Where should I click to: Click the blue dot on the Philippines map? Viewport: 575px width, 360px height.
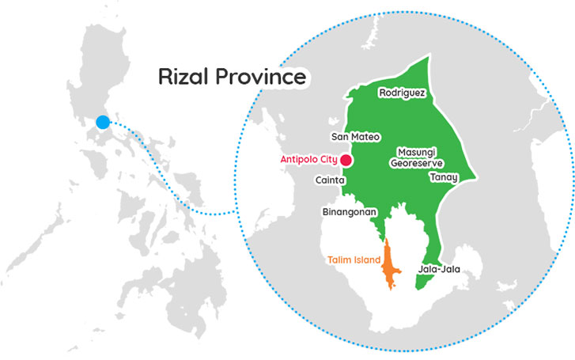(x=102, y=123)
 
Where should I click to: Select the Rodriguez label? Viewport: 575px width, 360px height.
(x=403, y=93)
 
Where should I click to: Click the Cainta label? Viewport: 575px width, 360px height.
(x=330, y=180)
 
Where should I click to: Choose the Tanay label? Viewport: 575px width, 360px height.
(x=444, y=177)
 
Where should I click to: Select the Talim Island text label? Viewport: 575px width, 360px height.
(x=353, y=260)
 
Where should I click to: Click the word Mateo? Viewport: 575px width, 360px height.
(x=365, y=137)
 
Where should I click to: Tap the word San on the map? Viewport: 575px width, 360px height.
(x=339, y=137)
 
